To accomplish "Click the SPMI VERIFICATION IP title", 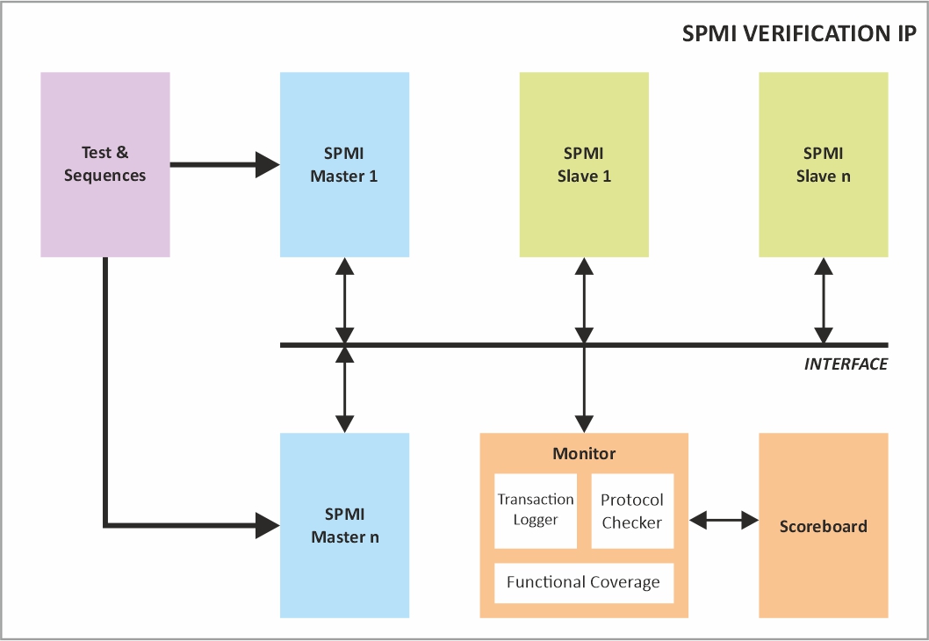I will point(799,34).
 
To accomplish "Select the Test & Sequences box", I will point(105,164).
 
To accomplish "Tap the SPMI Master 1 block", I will point(344,164).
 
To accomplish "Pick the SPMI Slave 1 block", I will point(584,164).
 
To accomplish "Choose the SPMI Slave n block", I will point(823,164).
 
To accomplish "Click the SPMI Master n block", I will point(344,525).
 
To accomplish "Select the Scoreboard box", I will point(823,526).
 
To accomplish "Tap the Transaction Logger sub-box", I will point(536,510).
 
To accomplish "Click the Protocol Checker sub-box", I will point(632,510).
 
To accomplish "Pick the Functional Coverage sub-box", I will point(584,582).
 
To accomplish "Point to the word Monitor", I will point(584,454).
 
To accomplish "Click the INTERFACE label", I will point(846,364).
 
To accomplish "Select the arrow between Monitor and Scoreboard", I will point(724,521).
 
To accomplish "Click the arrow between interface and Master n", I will point(344,389).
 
